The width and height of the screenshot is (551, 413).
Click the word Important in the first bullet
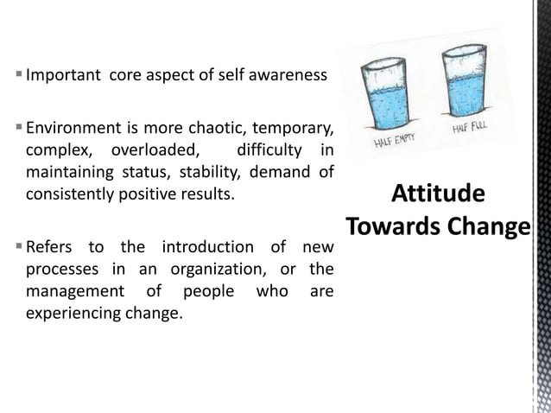coord(61,75)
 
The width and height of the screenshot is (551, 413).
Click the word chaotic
coord(218,130)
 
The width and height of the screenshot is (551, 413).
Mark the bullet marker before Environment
coord(18,130)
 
